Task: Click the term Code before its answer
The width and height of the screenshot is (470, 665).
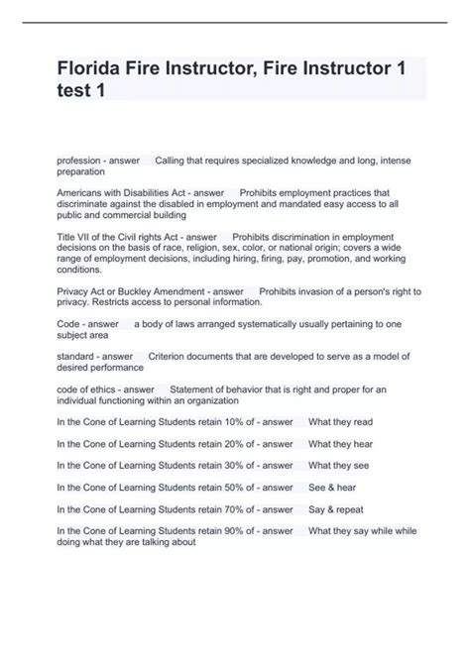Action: [x=68, y=324]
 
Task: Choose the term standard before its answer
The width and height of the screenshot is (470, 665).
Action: [x=77, y=356]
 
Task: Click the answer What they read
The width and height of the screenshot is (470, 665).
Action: [x=340, y=421]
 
